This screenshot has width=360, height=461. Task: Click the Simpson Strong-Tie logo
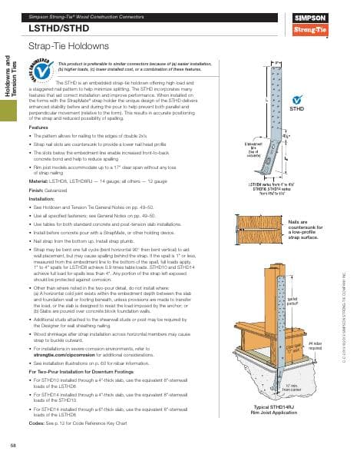tap(334, 24)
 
